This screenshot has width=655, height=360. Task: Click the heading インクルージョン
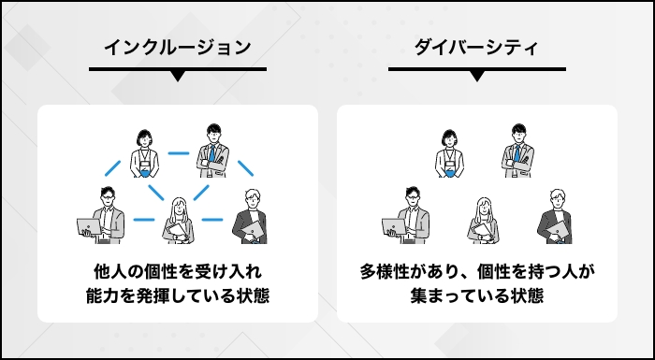pyautogui.click(x=177, y=46)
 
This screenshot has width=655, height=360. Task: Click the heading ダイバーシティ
pyautogui.click(x=476, y=46)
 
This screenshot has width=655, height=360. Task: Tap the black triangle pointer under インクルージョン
pyautogui.click(x=177, y=76)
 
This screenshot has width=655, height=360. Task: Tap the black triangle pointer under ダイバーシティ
pyautogui.click(x=476, y=76)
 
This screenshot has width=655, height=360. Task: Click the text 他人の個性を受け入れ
pyautogui.click(x=177, y=272)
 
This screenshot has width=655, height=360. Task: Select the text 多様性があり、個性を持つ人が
pyautogui.click(x=477, y=272)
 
